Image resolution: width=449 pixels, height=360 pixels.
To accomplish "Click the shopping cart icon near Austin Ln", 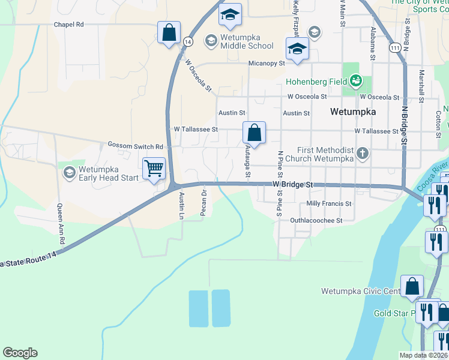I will (154, 169).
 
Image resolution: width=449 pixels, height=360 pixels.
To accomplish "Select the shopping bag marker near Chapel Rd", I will (169, 32).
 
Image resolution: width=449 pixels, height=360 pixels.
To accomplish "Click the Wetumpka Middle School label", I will (247, 41).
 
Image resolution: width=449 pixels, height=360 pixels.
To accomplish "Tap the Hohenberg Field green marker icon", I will (356, 80).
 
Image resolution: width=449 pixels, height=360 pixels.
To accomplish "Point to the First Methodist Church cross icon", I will (362, 154).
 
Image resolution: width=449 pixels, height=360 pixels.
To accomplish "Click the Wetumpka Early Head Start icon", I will (69, 173).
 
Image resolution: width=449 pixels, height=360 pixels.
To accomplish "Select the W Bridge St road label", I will (294, 185).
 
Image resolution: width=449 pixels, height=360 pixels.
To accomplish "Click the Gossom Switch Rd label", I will (135, 146).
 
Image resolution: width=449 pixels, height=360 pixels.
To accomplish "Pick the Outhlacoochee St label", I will (316, 220).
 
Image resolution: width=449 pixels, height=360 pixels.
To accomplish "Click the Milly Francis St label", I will (328, 204).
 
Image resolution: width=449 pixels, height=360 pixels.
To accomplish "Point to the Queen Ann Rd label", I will (59, 218).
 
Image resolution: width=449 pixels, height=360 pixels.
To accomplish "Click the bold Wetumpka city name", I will (353, 112).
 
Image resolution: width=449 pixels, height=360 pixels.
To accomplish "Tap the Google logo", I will (20, 353).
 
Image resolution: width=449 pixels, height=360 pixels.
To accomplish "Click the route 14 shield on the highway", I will (188, 41).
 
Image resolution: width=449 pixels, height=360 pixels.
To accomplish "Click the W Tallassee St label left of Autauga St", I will (196, 129).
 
